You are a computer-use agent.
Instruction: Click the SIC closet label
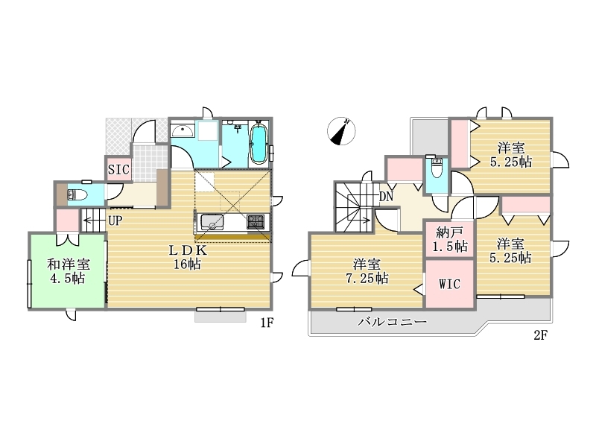click(x=118, y=170)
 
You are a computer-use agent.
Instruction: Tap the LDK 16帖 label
click(x=188, y=257)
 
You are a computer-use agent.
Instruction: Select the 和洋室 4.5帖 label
click(x=68, y=271)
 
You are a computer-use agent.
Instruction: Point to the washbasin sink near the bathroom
click(x=183, y=131)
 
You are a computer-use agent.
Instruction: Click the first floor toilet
click(x=77, y=195)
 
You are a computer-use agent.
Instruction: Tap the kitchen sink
click(x=212, y=221)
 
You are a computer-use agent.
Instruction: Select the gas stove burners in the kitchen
click(x=256, y=221)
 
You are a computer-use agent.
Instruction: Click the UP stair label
click(x=115, y=221)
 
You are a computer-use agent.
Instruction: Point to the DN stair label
click(x=386, y=197)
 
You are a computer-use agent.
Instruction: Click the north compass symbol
click(x=341, y=131)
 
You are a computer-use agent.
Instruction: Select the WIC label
click(x=449, y=284)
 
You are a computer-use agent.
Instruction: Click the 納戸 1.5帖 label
click(x=450, y=239)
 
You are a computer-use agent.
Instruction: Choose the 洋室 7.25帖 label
click(x=367, y=271)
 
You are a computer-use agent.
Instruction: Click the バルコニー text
click(x=393, y=323)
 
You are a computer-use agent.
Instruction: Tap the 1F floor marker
click(x=267, y=323)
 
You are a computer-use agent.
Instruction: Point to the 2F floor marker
click(x=540, y=335)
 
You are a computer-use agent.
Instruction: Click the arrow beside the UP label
click(x=95, y=221)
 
